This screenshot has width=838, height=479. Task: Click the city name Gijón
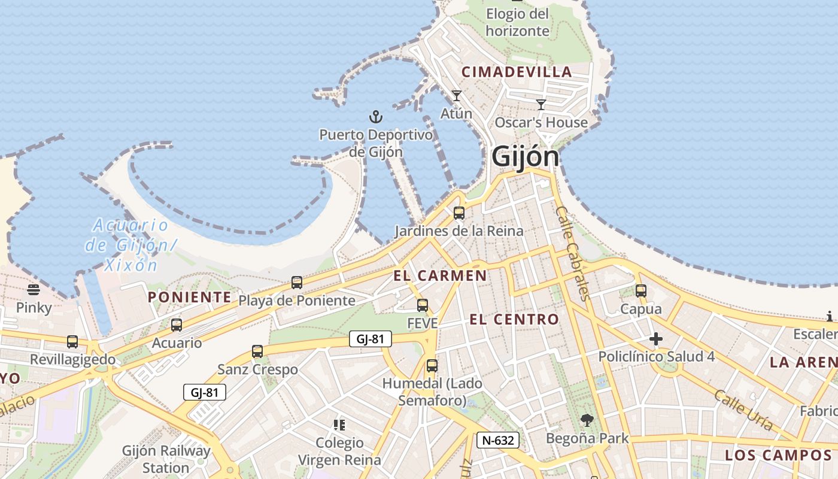pos(526,157)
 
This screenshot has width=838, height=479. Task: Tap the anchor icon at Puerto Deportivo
pos(376,116)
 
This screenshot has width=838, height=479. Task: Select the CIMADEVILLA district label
pos(517,72)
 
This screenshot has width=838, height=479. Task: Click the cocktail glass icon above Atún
pos(457,96)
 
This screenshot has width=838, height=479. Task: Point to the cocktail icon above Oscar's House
pos(541,105)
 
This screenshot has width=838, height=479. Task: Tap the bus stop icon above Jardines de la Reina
pos(459,213)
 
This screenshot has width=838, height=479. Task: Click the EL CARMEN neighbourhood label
pos(440,276)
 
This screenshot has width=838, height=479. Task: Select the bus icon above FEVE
pos(423,305)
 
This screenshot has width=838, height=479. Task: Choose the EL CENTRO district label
pos(514,320)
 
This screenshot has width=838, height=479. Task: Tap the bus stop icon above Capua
pos(641,291)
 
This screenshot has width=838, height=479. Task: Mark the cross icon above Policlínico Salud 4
pos(656,339)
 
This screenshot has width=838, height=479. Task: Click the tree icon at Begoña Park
pos(587,420)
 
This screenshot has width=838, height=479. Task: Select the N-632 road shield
pos(498,441)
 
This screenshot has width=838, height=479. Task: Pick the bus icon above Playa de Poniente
pos(297,283)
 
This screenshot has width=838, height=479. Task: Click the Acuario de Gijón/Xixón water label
pos(130,245)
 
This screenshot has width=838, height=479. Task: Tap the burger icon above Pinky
pos(34,290)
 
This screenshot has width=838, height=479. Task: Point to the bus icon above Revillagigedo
pos(72,342)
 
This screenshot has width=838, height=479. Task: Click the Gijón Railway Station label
pos(166,459)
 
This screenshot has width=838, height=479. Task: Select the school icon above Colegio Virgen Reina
pos(339,425)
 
